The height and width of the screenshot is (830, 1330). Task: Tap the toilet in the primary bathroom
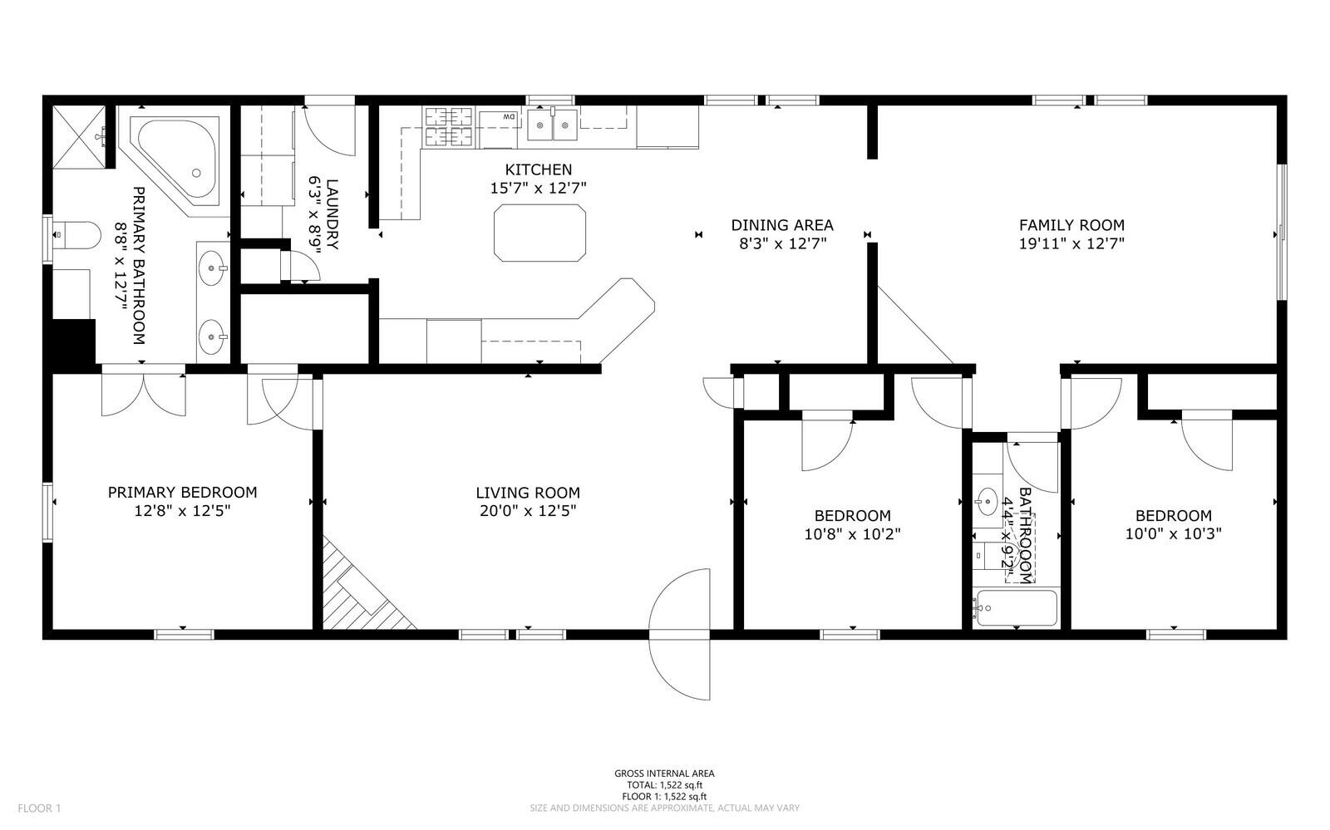tap(77, 235)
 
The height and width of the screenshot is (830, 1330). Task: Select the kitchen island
tap(539, 233)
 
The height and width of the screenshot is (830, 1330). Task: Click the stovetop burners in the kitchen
tap(448, 126)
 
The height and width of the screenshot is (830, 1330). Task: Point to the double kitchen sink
tap(552, 125)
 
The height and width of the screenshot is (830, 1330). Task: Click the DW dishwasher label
tap(509, 117)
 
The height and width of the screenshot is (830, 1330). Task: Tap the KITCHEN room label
tap(539, 169)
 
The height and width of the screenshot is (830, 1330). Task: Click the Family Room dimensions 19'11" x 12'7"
tap(1071, 243)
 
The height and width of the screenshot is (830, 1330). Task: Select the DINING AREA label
tap(782, 225)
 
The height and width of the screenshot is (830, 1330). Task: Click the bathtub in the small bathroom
tap(1016, 607)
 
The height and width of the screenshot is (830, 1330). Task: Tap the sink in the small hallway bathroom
tap(987, 501)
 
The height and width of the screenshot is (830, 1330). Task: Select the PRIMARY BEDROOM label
tap(182, 493)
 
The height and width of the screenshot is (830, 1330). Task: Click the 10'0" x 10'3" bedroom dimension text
tap(1173, 534)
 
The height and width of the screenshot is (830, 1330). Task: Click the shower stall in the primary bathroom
tap(80, 137)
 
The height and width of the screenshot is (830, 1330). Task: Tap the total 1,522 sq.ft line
tap(664, 785)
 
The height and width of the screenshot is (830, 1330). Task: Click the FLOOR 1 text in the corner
tap(39, 808)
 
